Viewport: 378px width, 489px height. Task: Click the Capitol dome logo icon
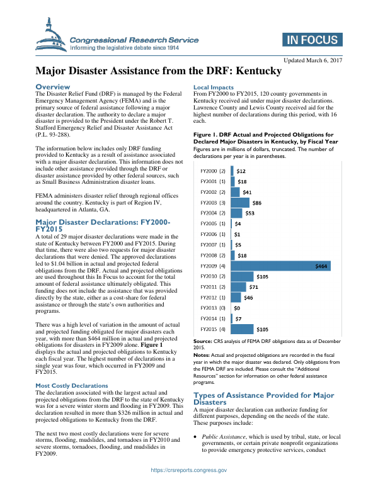pos(52,37)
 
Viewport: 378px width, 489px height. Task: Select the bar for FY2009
pos(281,266)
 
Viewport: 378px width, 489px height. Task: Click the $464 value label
pos(321,266)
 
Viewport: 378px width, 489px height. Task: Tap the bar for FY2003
pos(240,202)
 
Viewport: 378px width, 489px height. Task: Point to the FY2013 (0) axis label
pos(213,308)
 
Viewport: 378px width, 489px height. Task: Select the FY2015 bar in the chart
pos(243,329)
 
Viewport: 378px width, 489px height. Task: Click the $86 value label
pos(256,203)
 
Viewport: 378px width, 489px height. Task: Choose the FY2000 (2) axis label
pos(213,171)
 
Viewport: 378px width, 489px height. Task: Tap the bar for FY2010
pos(243,276)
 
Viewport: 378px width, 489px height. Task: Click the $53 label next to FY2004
pos(249,213)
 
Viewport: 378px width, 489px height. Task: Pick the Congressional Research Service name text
pos(134,40)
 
